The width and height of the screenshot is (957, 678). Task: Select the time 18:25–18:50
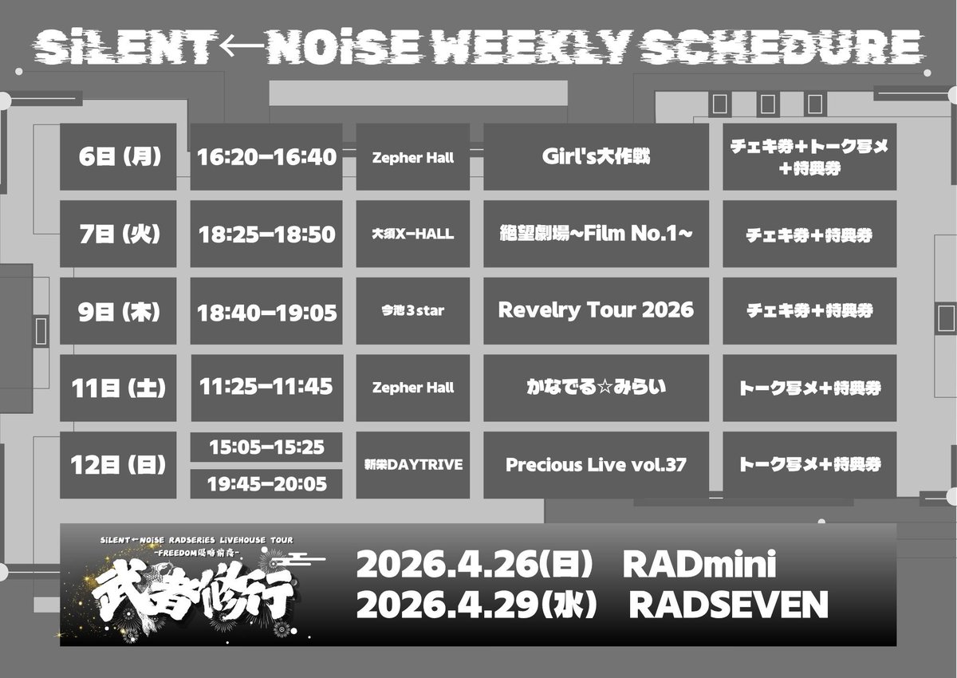coord(267,234)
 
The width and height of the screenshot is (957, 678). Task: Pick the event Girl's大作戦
coord(596,156)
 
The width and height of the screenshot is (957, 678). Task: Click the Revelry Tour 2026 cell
coord(596,311)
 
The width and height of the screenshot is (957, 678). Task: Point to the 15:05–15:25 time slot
coord(267,447)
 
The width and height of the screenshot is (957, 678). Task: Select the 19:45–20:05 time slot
coord(267,483)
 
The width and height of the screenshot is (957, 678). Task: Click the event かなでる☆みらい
coord(596,388)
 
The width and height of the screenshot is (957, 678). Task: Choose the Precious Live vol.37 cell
coord(596,465)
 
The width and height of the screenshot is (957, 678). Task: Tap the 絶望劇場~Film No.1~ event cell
coord(596,234)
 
